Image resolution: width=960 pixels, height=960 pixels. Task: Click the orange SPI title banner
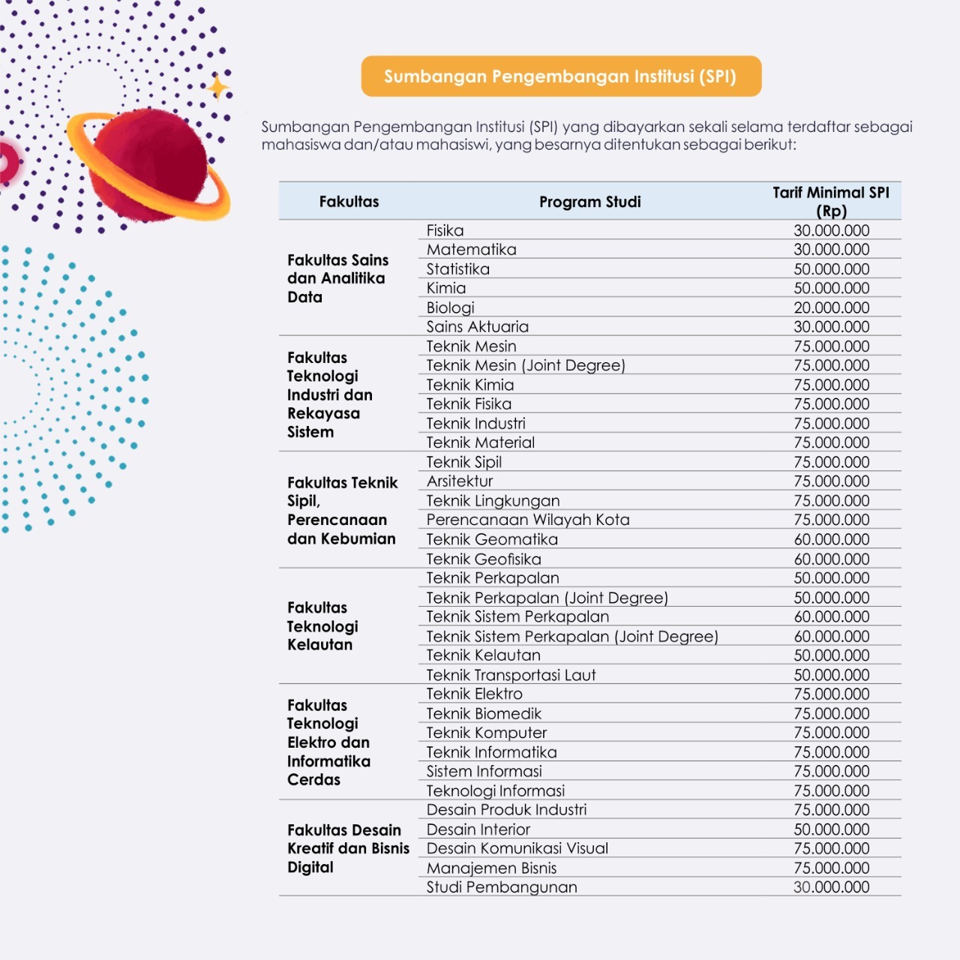(561, 76)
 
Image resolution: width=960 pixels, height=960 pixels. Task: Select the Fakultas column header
(349, 202)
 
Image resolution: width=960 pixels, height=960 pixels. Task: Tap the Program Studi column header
(589, 202)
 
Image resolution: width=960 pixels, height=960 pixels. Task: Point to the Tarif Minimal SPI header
(831, 202)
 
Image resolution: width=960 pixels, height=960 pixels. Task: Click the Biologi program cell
(450, 307)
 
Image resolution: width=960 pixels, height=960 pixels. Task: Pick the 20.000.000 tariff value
(832, 307)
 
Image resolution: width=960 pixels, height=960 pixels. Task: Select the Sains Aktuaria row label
(477, 326)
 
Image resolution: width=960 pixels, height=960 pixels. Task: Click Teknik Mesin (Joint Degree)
(526, 365)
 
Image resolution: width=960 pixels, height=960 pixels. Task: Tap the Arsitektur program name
(459, 481)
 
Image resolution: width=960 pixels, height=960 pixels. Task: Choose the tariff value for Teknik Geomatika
(832, 539)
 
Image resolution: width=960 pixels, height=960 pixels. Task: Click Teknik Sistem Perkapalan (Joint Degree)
(572, 636)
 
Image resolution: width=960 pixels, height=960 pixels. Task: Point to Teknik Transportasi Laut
(511, 674)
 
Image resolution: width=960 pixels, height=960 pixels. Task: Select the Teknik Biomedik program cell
(484, 713)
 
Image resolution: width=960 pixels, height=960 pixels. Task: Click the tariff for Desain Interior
(832, 829)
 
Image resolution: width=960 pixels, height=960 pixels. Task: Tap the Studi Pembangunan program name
(502, 886)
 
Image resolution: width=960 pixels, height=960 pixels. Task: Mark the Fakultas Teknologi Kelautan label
(322, 626)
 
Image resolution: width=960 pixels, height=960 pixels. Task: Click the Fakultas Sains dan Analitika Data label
(337, 278)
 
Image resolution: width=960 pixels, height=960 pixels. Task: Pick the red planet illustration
(148, 165)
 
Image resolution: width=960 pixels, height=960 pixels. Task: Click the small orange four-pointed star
(217, 88)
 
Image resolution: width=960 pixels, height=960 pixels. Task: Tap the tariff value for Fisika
(832, 230)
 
